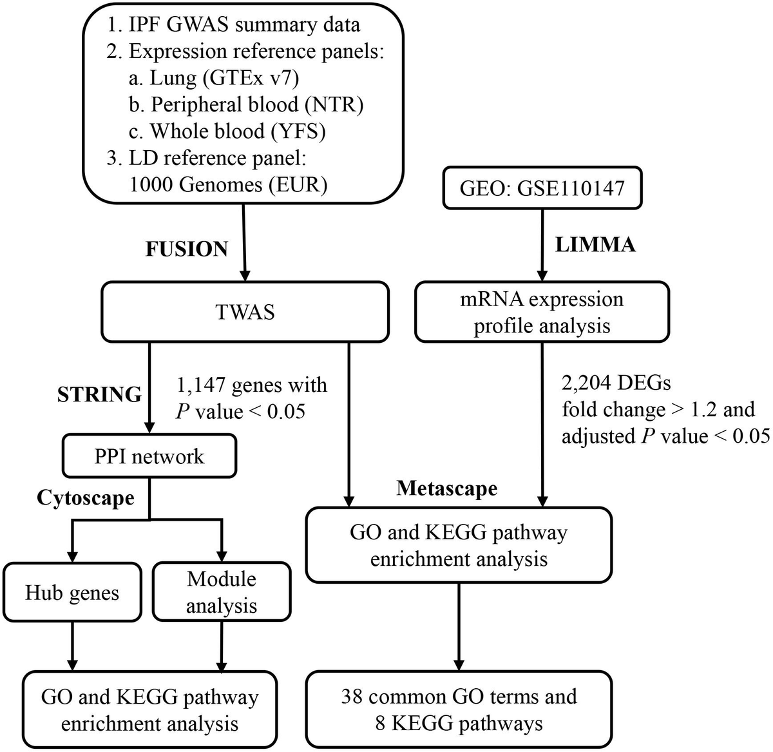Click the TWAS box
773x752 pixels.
tap(245, 313)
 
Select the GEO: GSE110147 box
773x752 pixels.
tap(542, 188)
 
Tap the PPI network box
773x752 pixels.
tap(149, 456)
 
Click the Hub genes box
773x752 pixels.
tap(72, 593)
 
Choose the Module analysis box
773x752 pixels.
tap(222, 592)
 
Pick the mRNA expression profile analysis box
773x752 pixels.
tap(542, 313)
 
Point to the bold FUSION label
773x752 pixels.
tap(187, 249)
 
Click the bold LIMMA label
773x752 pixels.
tap(595, 245)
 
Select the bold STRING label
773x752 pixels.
tap(99, 394)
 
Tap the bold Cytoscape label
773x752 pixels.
tap(86, 497)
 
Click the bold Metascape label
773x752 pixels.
tap(447, 488)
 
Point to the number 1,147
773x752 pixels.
tap(201, 385)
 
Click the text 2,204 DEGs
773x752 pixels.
tap(616, 383)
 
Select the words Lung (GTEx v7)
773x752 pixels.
tap(224, 78)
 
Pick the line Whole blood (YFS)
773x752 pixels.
tap(237, 131)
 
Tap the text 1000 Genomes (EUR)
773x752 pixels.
tap(229, 185)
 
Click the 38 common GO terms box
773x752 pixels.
tap(459, 709)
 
